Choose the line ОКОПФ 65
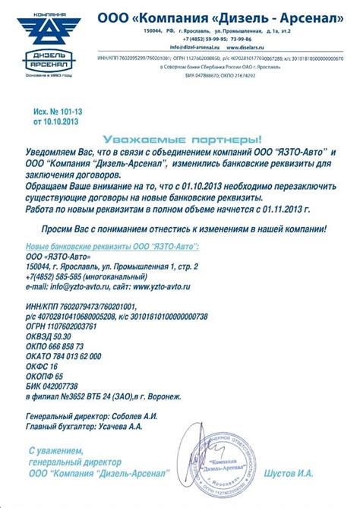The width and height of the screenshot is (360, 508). point(46,376)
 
